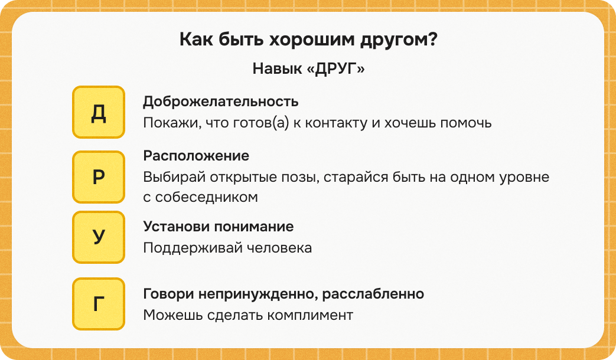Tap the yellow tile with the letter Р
[99, 177]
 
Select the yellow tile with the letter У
[99, 237]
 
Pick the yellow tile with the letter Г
[99, 304]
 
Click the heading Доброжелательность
[220, 102]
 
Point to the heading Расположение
[196, 156]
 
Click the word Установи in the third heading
[172, 227]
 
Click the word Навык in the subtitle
[273, 69]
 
